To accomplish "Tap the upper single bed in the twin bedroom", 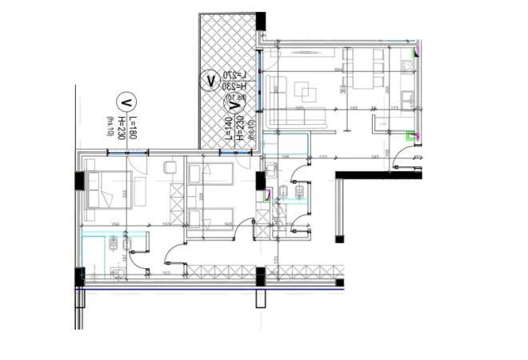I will point(210,172).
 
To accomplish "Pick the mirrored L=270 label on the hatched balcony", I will point(234,76).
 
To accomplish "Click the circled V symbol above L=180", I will point(125,101).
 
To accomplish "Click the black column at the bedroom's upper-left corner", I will point(80,181).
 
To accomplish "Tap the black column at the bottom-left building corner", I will point(80,277).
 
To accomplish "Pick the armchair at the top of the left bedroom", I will point(170,168).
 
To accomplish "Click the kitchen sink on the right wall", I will point(409,101).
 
